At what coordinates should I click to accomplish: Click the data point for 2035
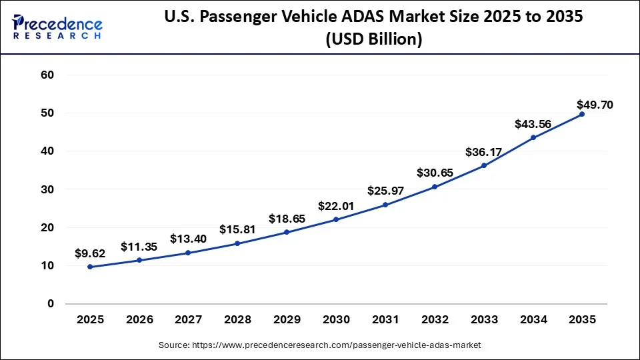click(581, 114)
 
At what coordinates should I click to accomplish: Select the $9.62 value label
click(90, 253)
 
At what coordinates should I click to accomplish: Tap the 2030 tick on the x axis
click(335, 320)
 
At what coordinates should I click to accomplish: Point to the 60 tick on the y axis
click(48, 75)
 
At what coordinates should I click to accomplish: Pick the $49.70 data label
click(595, 105)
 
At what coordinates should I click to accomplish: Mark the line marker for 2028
click(237, 243)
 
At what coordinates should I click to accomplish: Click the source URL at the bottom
click(319, 345)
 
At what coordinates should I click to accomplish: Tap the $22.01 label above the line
click(335, 207)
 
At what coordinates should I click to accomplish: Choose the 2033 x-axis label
click(483, 320)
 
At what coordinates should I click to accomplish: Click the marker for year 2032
click(434, 187)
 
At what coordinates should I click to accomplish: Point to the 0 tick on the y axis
click(51, 304)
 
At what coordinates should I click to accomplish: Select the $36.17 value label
click(483, 152)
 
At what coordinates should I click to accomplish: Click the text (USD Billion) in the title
click(374, 39)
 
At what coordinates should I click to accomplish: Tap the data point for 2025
click(90, 267)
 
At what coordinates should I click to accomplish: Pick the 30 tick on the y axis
click(48, 189)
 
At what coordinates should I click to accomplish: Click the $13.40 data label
click(188, 239)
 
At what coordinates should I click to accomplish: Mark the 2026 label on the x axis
click(139, 320)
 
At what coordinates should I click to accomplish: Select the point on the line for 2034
click(532, 137)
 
